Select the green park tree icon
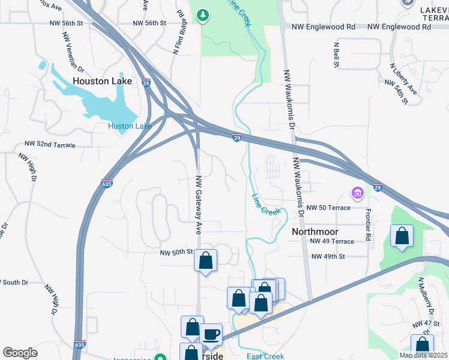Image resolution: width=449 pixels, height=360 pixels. coord(203,15)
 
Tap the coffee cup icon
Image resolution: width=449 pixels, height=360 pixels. coord(211,334)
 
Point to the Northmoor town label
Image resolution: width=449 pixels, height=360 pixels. coord(315,232)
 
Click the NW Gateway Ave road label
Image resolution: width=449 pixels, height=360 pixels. coord(198,205)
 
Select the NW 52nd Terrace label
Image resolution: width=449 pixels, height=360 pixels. coord(50,145)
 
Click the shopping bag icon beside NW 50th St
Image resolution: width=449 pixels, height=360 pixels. coord(205,260)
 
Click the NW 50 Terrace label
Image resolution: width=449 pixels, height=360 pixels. coord(328,208)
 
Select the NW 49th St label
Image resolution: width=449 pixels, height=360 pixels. coord(328,256)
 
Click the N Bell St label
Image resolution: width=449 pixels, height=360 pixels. coord(337,55)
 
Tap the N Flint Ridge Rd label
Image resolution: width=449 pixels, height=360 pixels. coord(178,32)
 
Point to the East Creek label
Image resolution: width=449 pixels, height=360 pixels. coord(265,356)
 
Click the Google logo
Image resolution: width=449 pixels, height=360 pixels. coord(20,352)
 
